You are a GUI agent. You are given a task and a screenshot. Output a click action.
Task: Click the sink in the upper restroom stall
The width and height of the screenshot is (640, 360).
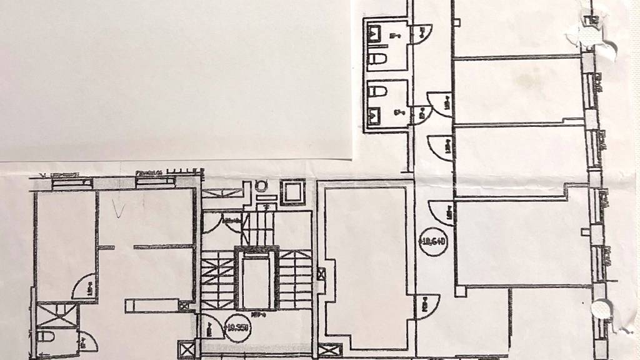coord(376,31)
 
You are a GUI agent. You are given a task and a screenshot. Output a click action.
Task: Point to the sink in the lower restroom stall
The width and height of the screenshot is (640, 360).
coord(376,115)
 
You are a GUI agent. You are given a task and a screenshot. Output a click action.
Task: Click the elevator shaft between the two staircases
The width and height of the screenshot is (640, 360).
coord(256,281)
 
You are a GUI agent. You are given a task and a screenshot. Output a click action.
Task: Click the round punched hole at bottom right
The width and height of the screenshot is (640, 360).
coord(602,308)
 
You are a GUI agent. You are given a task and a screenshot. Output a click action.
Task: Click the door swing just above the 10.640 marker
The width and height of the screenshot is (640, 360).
coord(440,212)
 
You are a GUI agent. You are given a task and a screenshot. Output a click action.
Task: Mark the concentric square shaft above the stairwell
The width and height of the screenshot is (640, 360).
coord(291,191)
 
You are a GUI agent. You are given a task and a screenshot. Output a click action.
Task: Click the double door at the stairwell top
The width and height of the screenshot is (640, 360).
coord(225,222)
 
